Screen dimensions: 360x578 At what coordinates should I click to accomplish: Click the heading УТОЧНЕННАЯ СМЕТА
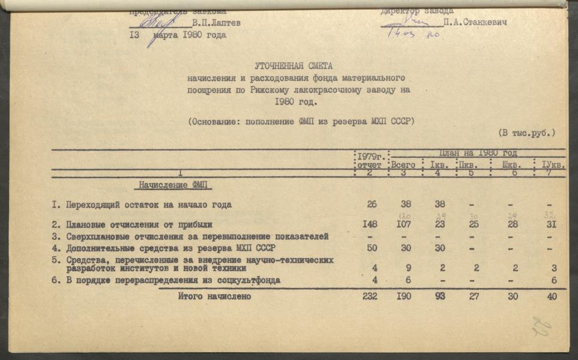[293, 66]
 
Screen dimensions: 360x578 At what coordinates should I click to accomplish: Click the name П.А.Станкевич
[475, 22]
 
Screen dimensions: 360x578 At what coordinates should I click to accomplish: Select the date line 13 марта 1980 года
[178, 35]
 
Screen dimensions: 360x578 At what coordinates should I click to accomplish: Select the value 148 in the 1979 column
[371, 224]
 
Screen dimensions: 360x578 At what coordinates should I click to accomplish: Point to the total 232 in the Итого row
[370, 296]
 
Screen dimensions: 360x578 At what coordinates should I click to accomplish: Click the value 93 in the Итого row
[440, 296]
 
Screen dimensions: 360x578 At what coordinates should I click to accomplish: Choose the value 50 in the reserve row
[372, 248]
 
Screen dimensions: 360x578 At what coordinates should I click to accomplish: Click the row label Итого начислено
[214, 296]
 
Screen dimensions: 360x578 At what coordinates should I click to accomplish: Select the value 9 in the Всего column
[408, 269]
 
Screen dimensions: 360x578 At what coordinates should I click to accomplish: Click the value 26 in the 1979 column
[372, 205]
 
